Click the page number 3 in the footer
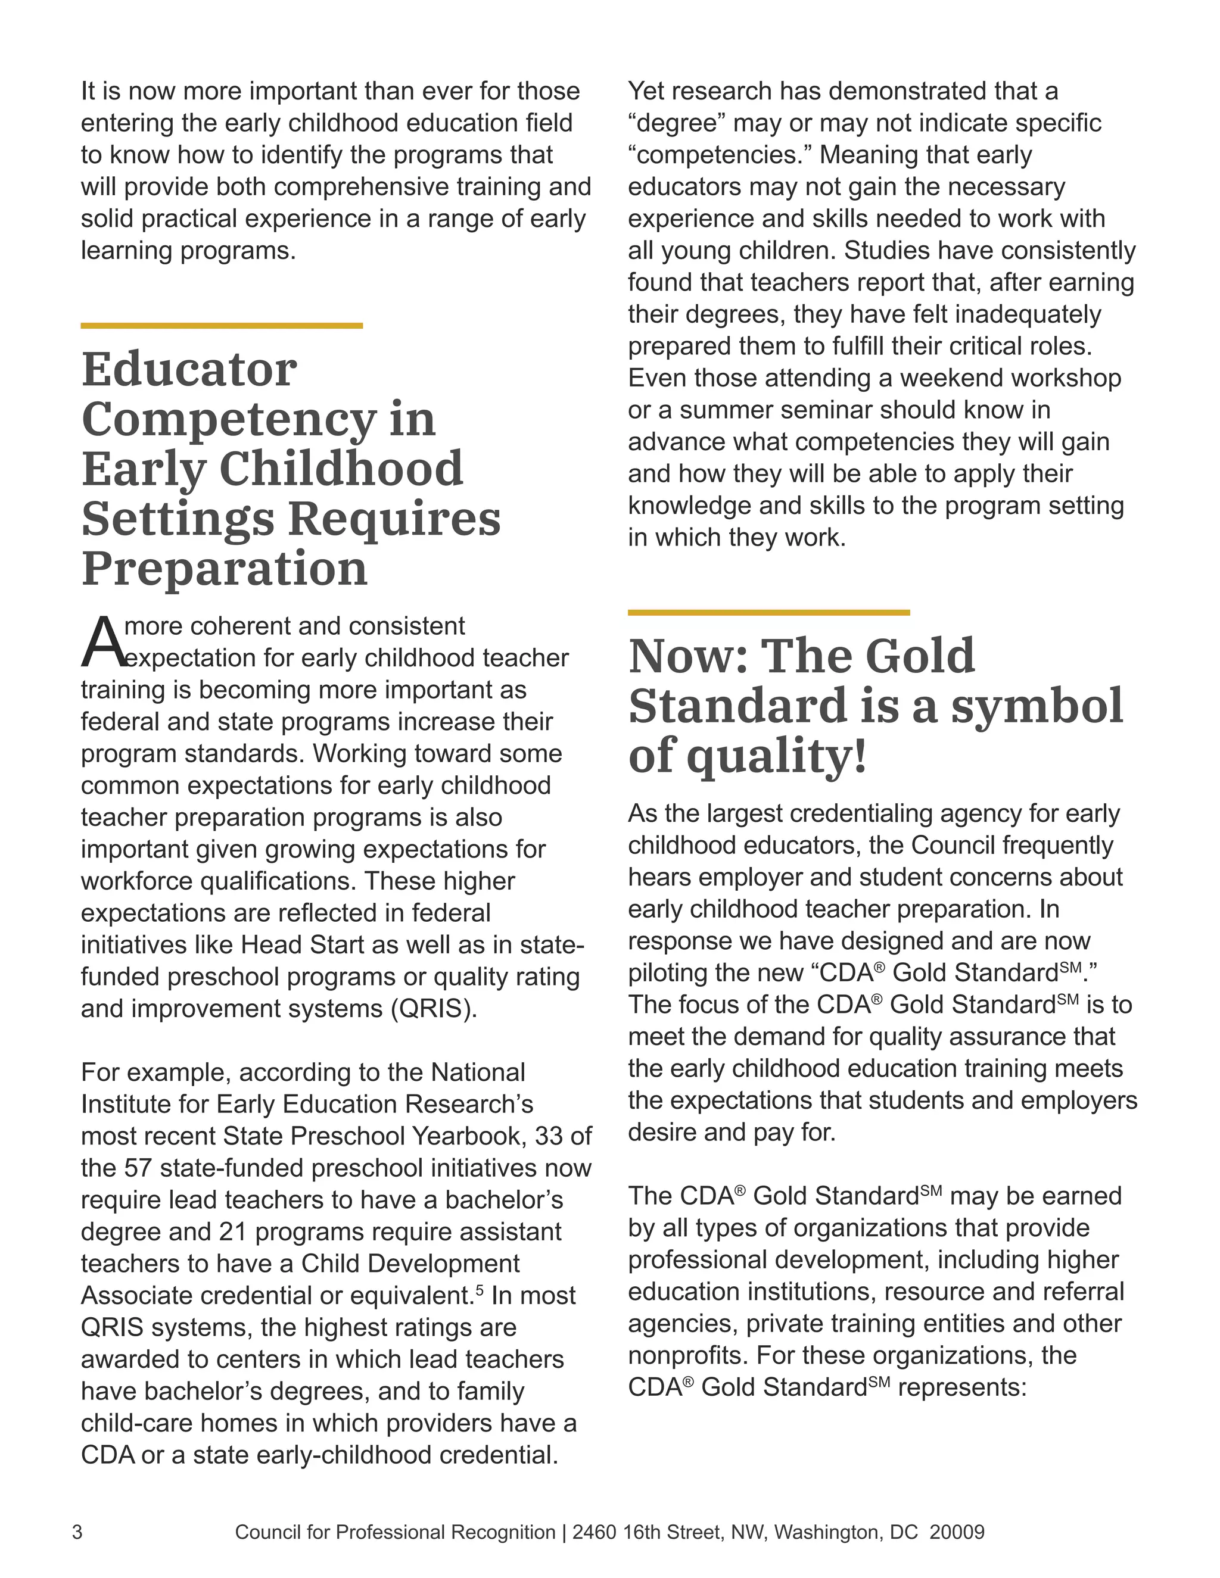tap(77, 1533)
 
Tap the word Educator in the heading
tap(189, 369)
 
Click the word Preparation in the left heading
tap(225, 569)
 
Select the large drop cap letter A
tap(102, 643)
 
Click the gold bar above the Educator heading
tap(221, 326)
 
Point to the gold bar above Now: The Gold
tap(768, 613)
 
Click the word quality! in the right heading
tap(776, 756)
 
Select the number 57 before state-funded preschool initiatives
tap(138, 1168)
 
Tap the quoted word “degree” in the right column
tap(677, 123)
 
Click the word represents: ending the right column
tap(962, 1387)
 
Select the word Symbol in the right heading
tap(1037, 707)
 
